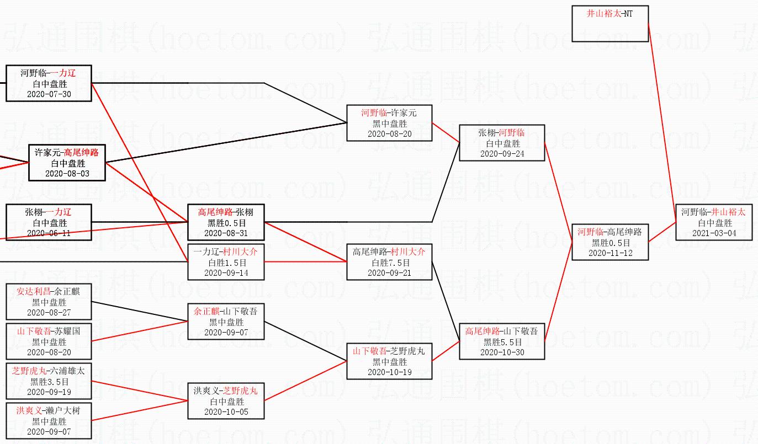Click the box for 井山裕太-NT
609,24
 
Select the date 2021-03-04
714,233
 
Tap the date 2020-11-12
610,253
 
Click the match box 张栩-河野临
502,143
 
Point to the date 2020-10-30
502,352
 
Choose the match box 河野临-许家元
389,123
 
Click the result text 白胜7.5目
389,263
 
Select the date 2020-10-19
389,372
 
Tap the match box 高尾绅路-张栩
226,222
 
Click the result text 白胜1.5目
226,263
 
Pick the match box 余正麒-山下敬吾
226,322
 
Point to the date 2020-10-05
226,411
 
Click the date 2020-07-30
49,94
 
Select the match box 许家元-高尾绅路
67,163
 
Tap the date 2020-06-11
49,233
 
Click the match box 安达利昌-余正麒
49,302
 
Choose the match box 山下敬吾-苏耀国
49,341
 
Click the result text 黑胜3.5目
49,381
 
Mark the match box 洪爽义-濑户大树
49,421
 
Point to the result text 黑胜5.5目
502,342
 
